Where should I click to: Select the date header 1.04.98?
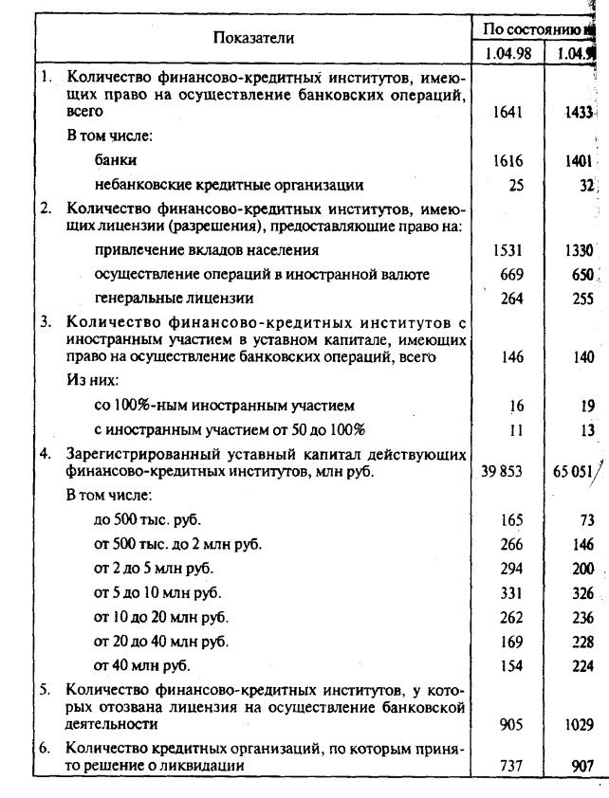507,53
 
